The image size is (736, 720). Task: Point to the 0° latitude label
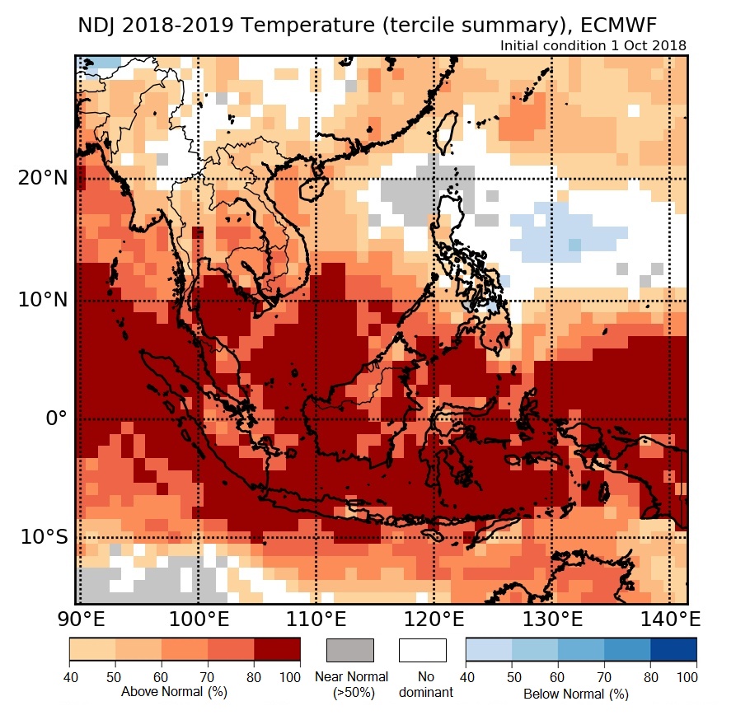[54, 418]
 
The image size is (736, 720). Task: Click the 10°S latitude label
[44, 537]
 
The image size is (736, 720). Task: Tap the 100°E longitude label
[198, 619]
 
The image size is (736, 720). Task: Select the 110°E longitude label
[316, 619]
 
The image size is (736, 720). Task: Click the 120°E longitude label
[434, 619]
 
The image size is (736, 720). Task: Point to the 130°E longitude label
[551, 619]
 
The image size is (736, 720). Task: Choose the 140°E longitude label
[668, 619]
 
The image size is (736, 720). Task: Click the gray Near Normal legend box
[350, 650]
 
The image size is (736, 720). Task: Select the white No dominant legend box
[423, 650]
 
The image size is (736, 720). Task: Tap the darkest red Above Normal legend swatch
[277, 650]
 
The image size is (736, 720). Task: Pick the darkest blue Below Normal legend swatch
[673, 650]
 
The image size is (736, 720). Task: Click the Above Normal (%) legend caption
[174, 692]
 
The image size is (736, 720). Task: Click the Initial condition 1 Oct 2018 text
[593, 45]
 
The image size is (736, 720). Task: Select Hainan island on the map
[314, 189]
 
